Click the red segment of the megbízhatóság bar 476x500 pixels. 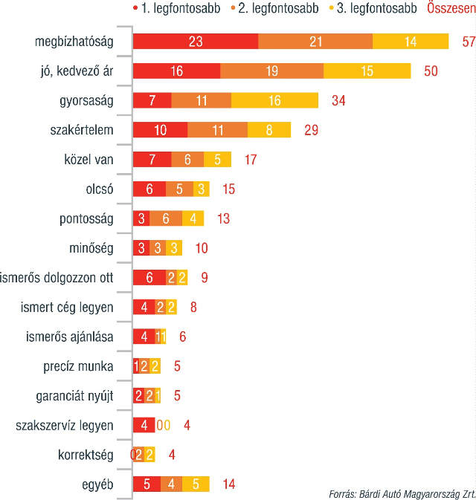[x=196, y=42]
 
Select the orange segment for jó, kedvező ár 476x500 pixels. [x=271, y=71]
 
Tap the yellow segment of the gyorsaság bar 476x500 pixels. [x=274, y=100]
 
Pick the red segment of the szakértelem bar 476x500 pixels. [x=160, y=130]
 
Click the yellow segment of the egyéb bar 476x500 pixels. [x=196, y=484]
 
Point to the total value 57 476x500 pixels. [x=468, y=42]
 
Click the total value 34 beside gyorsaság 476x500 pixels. [x=338, y=100]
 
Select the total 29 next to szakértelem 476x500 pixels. [x=312, y=130]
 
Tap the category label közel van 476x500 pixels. [x=89, y=160]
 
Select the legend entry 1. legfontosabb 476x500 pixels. [x=163, y=9]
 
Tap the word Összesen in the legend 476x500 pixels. [x=451, y=9]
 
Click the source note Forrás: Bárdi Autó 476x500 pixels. [x=402, y=493]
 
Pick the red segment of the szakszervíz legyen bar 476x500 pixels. [x=144, y=426]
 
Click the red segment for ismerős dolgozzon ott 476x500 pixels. [x=149, y=278]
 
